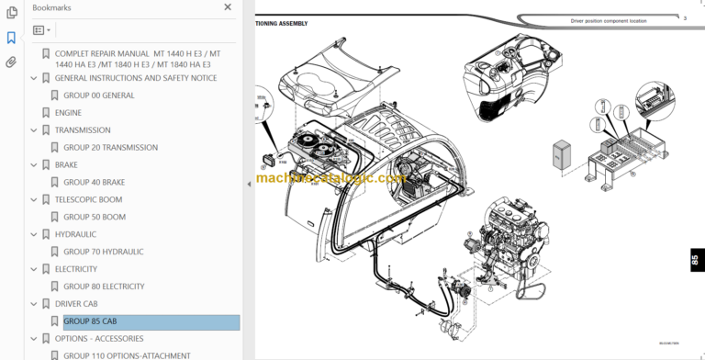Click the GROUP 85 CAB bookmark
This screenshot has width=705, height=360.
[x=90, y=321]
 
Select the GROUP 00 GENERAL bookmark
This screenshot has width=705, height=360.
[x=98, y=96]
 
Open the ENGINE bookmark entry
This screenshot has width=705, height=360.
[x=68, y=113]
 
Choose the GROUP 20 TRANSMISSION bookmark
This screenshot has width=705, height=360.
[x=110, y=148]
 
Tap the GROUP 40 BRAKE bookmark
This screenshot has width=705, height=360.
[x=94, y=183]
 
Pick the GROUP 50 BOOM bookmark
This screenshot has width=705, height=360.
[x=95, y=218]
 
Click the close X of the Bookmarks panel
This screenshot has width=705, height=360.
[x=229, y=7]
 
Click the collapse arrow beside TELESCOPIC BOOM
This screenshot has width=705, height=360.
[x=34, y=200]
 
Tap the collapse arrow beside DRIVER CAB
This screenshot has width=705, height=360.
[x=34, y=304]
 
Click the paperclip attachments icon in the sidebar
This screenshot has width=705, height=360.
[x=11, y=62]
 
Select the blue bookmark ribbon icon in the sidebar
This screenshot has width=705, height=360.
[x=11, y=38]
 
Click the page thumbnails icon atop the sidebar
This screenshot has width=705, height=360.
[x=11, y=13]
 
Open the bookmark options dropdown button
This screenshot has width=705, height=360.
[x=42, y=30]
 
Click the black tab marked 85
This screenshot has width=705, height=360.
[x=693, y=263]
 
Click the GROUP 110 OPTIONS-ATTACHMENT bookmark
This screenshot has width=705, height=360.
[x=127, y=355]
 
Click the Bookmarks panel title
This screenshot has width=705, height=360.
[x=52, y=7]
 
